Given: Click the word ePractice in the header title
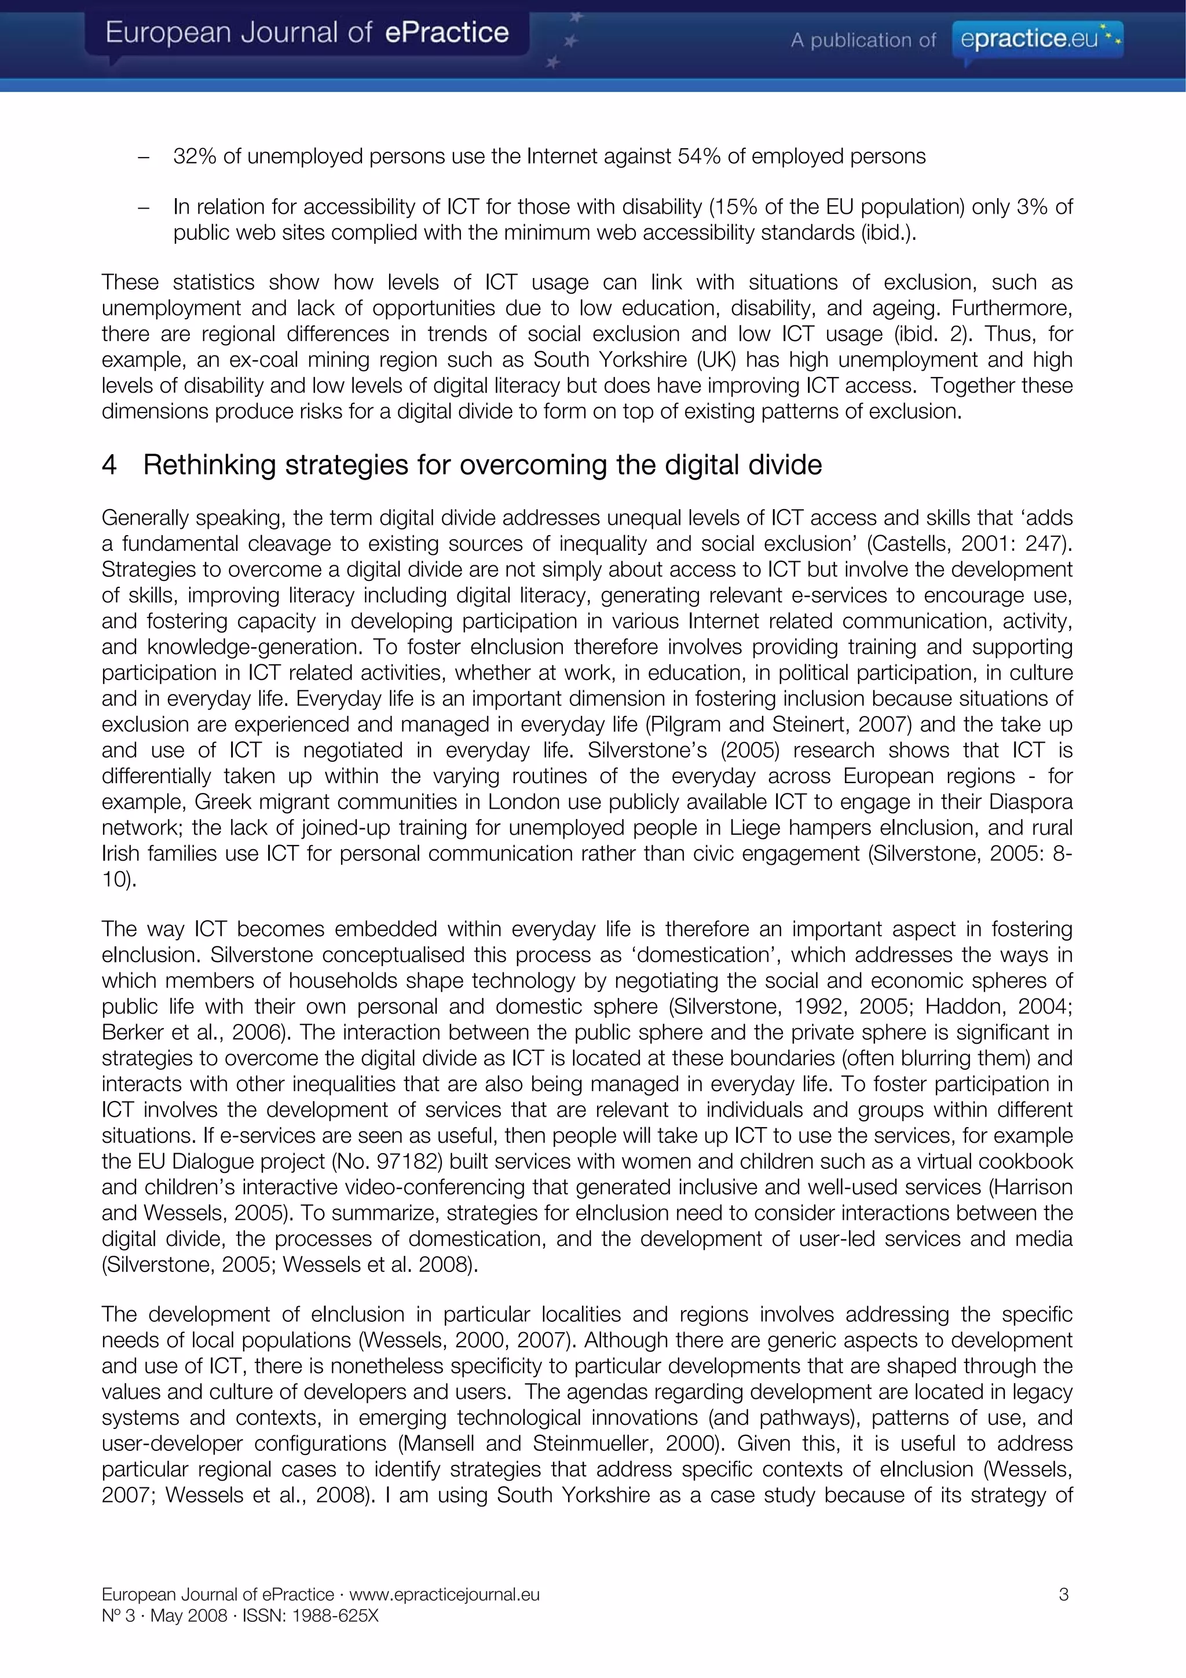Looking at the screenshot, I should [x=446, y=33].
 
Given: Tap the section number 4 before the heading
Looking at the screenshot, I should [x=109, y=465].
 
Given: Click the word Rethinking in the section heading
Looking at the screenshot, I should [x=209, y=465].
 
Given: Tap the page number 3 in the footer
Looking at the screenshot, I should [x=1063, y=1594].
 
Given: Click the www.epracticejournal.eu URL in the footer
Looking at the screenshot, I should [x=444, y=1594].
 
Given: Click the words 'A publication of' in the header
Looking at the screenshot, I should [x=862, y=40].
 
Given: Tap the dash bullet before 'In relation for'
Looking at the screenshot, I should [x=143, y=207].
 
